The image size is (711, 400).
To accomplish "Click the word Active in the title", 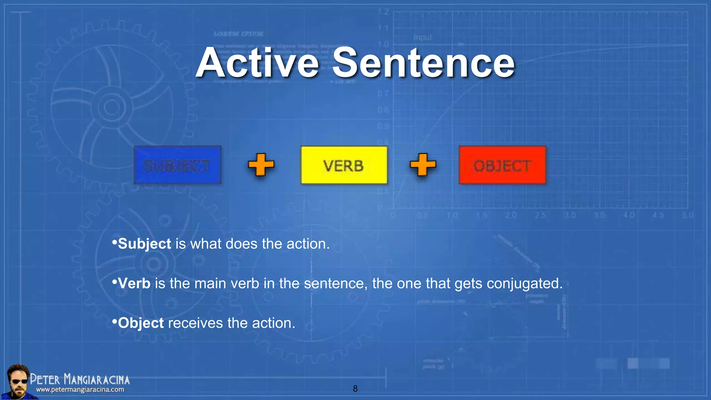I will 257,63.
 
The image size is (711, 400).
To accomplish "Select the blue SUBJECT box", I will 177,165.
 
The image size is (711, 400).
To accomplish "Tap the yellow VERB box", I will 344,165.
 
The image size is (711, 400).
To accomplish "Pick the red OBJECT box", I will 502,165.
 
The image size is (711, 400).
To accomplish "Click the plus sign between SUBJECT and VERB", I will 261,165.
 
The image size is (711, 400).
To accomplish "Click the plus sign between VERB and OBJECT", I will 423,165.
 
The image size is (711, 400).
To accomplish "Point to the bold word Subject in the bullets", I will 144,244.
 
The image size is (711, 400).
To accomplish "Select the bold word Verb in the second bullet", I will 134,284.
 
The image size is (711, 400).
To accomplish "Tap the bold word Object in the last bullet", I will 141,323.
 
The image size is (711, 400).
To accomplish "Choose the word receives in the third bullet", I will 195,323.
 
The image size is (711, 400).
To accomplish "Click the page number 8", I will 355,389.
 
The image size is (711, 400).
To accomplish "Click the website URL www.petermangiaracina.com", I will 80,390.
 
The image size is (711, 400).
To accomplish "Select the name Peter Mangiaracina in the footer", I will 80,379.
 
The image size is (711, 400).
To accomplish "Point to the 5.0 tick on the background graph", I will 687,215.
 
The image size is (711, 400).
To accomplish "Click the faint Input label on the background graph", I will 423,37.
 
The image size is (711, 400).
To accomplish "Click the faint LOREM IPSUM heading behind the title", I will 238,34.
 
